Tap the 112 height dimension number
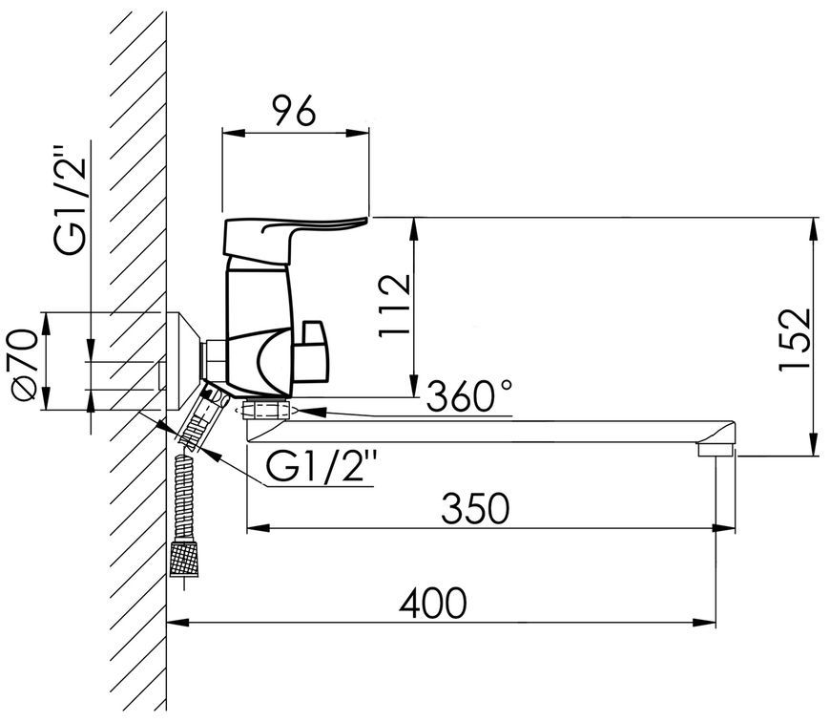394,305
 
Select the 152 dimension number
795,339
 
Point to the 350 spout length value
475,508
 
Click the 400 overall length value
432,603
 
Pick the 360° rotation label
469,395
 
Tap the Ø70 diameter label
25,362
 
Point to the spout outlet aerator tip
716,450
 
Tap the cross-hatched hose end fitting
184,559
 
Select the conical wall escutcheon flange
183,361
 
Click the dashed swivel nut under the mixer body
267,409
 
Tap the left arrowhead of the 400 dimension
177,623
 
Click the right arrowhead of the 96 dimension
358,133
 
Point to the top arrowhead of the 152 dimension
812,229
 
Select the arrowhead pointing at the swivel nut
311,411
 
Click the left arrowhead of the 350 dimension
259,528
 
